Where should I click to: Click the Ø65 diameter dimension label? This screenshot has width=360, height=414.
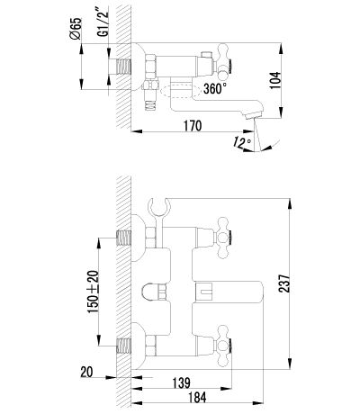coord(76,29)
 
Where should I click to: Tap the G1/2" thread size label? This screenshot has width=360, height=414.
coord(103,22)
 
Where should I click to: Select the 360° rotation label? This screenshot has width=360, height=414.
coord(215,88)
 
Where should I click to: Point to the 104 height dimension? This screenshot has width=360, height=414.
coord(274,80)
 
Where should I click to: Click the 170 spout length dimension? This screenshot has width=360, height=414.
coord(193,126)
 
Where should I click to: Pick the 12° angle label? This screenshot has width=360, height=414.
coord(242,142)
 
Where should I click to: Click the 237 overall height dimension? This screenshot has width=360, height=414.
coord(284,283)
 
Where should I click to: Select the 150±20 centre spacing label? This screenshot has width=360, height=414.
coord(93,292)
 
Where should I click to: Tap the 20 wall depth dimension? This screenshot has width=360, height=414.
coord(87,373)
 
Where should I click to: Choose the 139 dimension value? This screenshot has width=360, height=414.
coord(182,382)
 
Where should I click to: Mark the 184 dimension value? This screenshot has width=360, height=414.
coord(197,398)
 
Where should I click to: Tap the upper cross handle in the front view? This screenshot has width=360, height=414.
coord(223,238)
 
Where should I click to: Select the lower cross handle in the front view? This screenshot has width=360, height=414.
coord(223,346)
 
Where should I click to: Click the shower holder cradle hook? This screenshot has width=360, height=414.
coord(159,207)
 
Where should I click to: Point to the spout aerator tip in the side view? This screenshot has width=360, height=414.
coord(254,115)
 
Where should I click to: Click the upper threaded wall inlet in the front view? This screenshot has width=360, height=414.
coord(123,238)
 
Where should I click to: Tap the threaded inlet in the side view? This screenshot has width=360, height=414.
coord(123,66)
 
